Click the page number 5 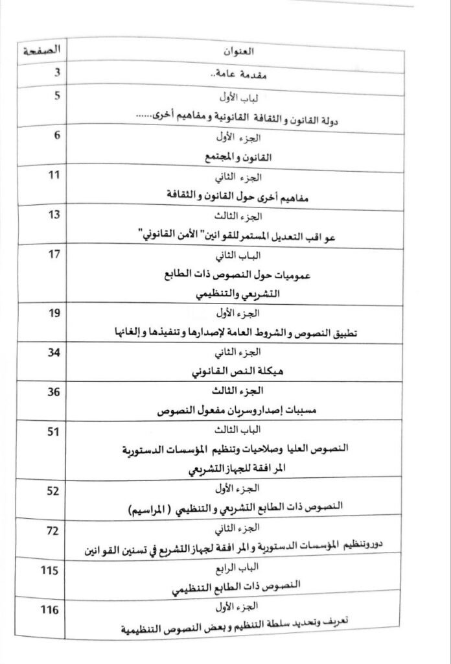point(56,97)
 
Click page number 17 point(53,255)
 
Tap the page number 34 point(53,353)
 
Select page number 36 point(53,392)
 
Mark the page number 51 point(53,432)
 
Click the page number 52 point(53,490)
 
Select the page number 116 point(51,611)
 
